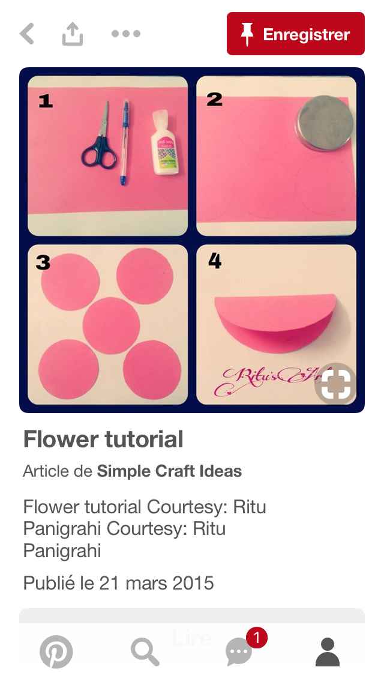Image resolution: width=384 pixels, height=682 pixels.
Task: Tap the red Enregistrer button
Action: tap(295, 34)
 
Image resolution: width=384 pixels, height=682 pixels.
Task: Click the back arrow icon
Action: tap(27, 34)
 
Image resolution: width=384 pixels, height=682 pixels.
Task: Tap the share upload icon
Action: tap(72, 34)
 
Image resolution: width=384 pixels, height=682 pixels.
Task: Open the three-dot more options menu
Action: tap(126, 34)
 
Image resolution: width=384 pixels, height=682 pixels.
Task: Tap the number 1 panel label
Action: tap(45, 101)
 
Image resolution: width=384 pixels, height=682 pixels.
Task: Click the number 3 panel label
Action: tap(43, 262)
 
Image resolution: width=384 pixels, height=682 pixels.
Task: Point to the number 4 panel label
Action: tap(214, 261)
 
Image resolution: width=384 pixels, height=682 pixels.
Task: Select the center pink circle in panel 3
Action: tap(111, 325)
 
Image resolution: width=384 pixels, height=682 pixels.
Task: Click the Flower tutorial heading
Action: tap(103, 439)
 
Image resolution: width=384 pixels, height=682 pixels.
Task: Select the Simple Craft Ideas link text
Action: tap(169, 471)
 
